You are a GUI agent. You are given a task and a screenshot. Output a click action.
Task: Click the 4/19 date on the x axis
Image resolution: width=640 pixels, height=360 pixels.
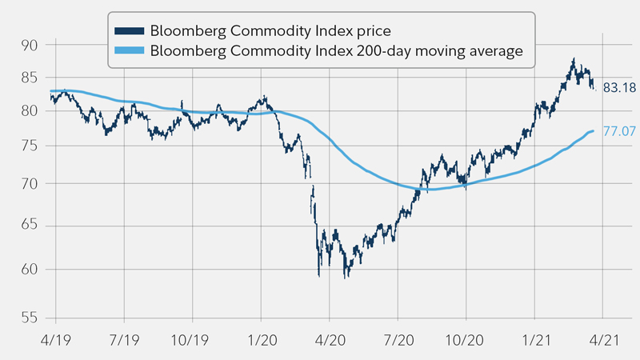(x=56, y=339)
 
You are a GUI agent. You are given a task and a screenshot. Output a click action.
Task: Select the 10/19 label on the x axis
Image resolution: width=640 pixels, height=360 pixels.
(x=190, y=339)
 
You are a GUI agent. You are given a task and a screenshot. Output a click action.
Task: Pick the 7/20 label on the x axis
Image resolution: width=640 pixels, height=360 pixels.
(x=398, y=339)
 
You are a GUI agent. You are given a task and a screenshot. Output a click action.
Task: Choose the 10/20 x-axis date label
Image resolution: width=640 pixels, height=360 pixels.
(x=466, y=339)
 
